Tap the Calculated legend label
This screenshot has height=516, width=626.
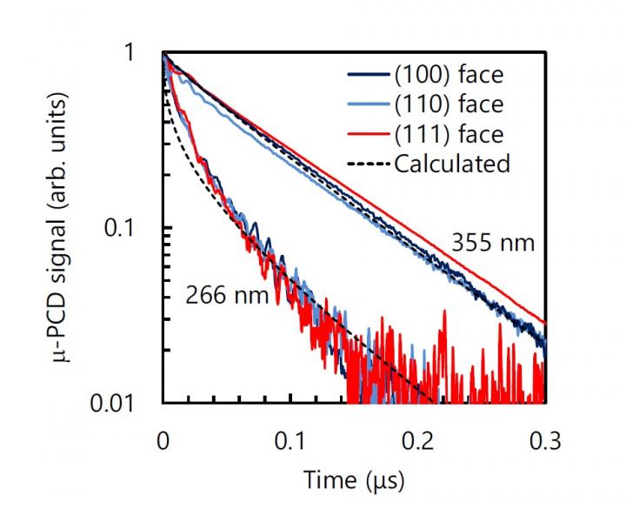452,163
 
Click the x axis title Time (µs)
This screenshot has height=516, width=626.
353,479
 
